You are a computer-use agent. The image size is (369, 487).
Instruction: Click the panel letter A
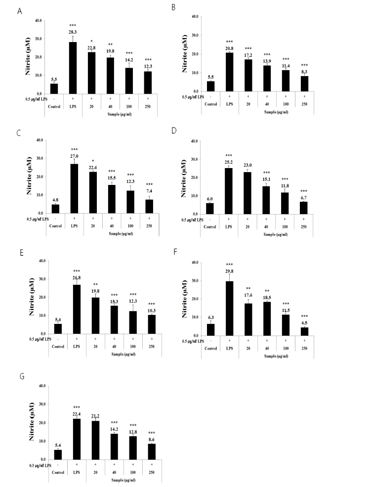click(x=19, y=11)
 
